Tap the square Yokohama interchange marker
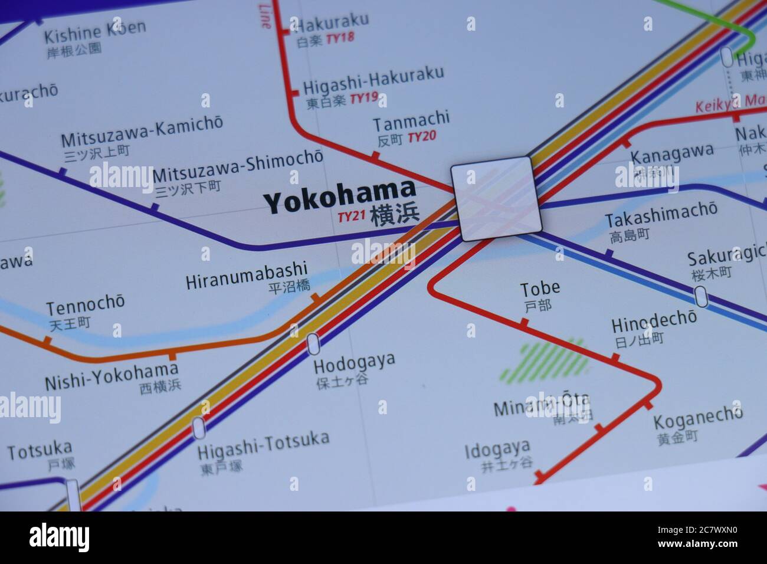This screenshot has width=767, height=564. (496, 198)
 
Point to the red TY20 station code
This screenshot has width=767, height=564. (422, 137)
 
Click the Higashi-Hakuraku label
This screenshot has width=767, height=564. (373, 81)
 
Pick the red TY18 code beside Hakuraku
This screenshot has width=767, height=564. (340, 38)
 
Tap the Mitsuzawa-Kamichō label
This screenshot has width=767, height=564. (142, 132)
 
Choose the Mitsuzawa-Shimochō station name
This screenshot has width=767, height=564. (237, 167)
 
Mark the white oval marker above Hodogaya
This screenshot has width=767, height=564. (313, 343)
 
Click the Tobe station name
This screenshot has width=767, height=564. (539, 288)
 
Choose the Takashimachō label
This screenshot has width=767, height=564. (661, 215)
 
